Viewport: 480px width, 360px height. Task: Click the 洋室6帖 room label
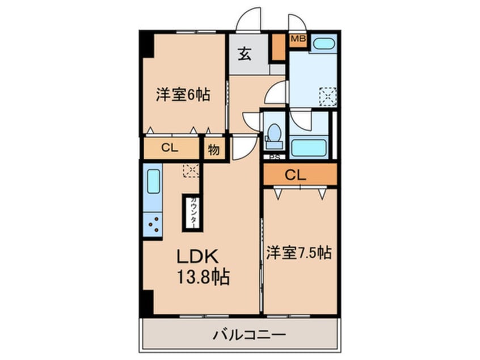pos(183,94)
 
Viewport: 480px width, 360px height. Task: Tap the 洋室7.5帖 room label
pos(298,252)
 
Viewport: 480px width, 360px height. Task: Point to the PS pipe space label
pos(274,158)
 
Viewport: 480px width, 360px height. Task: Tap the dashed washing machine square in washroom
pos(327,95)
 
